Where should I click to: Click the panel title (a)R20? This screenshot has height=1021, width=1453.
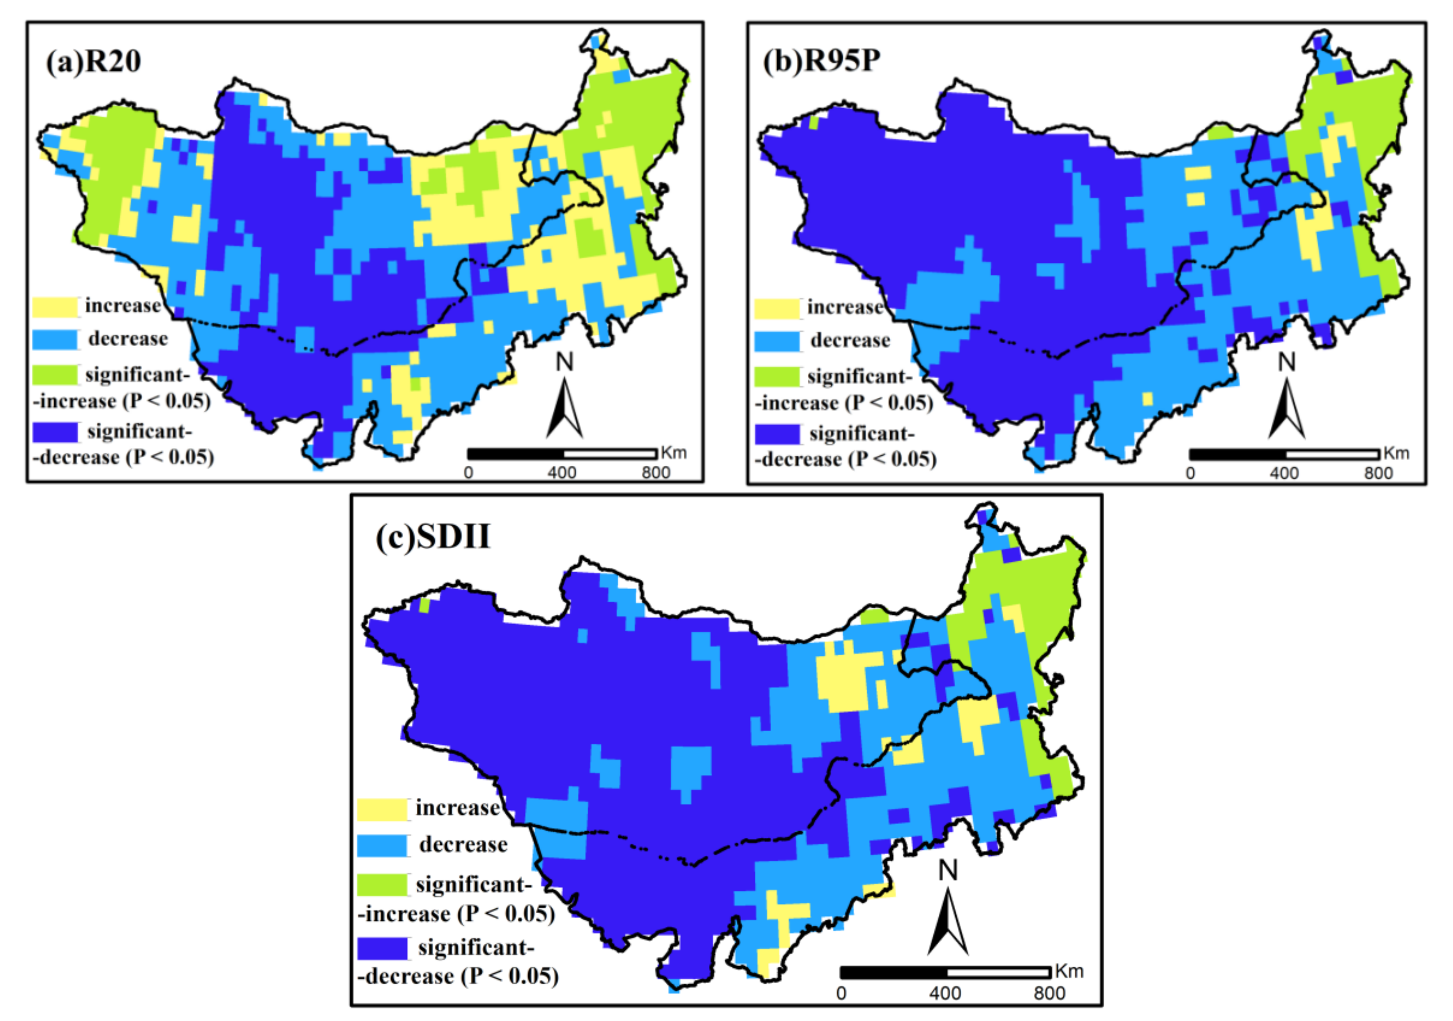(94, 62)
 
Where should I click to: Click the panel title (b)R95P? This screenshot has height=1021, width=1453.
(821, 62)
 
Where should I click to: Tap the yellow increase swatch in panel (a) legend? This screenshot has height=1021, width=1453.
(55, 306)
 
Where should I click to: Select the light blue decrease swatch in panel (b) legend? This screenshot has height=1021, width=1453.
(777, 341)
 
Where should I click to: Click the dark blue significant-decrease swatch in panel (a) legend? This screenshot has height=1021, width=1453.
(55, 432)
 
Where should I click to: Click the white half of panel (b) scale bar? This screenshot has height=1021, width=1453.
(1332, 454)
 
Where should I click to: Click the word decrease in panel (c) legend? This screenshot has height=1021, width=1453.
(463, 844)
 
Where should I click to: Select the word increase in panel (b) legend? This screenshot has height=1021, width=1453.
(845, 308)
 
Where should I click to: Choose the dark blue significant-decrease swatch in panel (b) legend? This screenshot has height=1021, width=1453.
(777, 434)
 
